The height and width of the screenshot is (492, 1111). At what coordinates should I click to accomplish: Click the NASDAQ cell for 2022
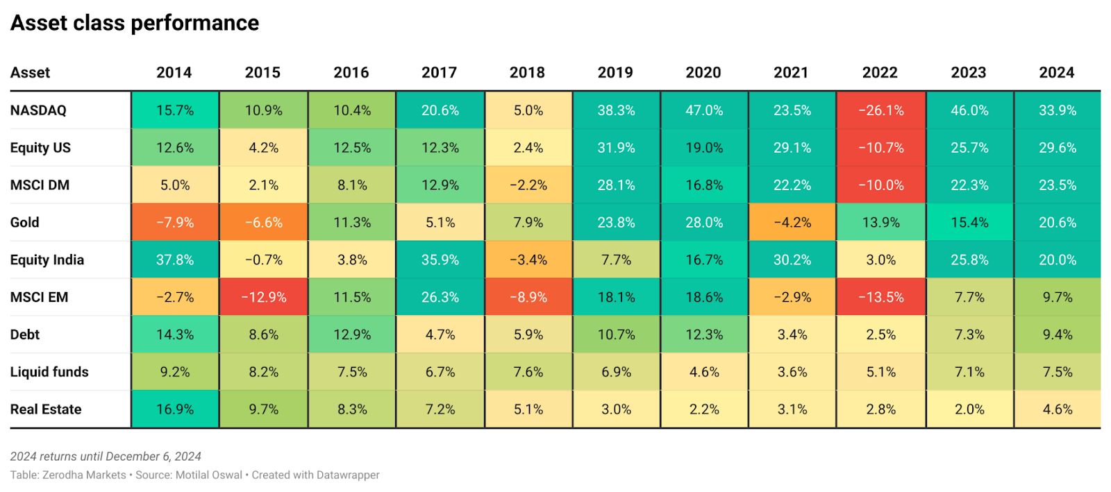click(x=880, y=110)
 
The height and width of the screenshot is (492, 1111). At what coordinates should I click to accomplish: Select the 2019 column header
click(x=615, y=73)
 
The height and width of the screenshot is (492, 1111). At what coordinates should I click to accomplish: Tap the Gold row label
click(x=25, y=223)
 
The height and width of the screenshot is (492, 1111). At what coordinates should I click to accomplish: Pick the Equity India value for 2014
click(x=175, y=260)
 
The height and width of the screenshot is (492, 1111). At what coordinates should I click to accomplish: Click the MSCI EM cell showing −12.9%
click(x=264, y=298)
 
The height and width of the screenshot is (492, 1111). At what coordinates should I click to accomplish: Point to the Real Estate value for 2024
click(x=1057, y=409)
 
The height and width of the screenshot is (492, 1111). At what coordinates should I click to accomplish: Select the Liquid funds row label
click(x=49, y=372)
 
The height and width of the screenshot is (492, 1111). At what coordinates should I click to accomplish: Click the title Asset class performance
click(x=135, y=23)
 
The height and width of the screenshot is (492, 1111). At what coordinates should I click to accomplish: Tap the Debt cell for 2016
click(x=352, y=334)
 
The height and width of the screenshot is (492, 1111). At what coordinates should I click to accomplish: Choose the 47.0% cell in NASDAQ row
click(x=704, y=110)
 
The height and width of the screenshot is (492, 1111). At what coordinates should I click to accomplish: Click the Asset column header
click(x=30, y=73)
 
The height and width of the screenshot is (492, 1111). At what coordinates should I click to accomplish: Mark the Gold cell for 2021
click(x=792, y=223)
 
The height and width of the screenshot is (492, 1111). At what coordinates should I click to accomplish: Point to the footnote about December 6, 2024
click(x=106, y=457)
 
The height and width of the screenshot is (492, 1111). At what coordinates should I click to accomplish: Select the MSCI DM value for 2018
click(x=528, y=185)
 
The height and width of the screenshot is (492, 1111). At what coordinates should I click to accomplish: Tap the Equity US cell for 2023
click(x=969, y=148)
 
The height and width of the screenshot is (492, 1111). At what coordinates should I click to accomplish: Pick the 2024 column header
click(x=1056, y=73)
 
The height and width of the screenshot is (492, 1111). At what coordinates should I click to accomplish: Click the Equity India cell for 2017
click(x=440, y=260)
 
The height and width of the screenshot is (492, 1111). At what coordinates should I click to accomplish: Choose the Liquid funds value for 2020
click(x=704, y=372)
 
